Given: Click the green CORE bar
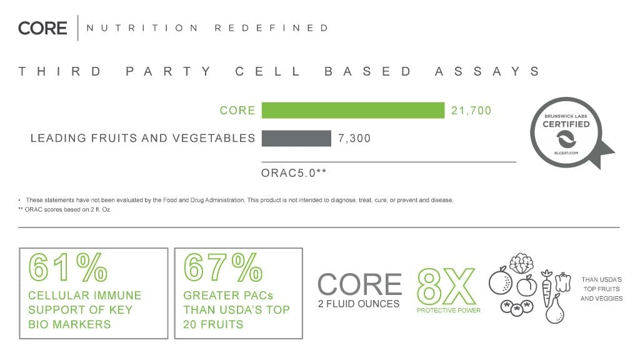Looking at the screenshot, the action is tap(353, 110).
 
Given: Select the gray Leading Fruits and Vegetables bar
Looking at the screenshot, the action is tap(296, 138).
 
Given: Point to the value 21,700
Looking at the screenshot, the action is tap(471, 111).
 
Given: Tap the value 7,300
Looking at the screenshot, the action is tap(354, 138).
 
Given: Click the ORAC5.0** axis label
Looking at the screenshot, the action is tap(294, 173).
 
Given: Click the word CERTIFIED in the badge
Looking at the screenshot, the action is tap(566, 124).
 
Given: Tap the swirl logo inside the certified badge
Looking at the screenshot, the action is tap(566, 140).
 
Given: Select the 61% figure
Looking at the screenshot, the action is tap(67, 267).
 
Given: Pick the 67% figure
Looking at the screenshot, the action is tap(223, 267).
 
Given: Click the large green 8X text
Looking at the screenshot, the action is tap(446, 286).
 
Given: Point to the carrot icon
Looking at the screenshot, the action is tap(546, 288).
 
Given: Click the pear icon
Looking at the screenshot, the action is tap(555, 309).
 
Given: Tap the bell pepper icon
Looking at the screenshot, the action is tap(563, 282).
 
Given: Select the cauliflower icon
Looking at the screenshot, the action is tap(522, 263).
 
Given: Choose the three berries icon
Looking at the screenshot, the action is tap(517, 307).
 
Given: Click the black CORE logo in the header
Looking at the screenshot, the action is tap(42, 28).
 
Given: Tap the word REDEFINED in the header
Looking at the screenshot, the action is tap(271, 28).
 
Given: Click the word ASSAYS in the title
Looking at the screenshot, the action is tap(487, 71).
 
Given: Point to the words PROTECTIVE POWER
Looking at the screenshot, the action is tap(449, 311).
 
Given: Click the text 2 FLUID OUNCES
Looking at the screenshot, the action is tap(359, 304).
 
